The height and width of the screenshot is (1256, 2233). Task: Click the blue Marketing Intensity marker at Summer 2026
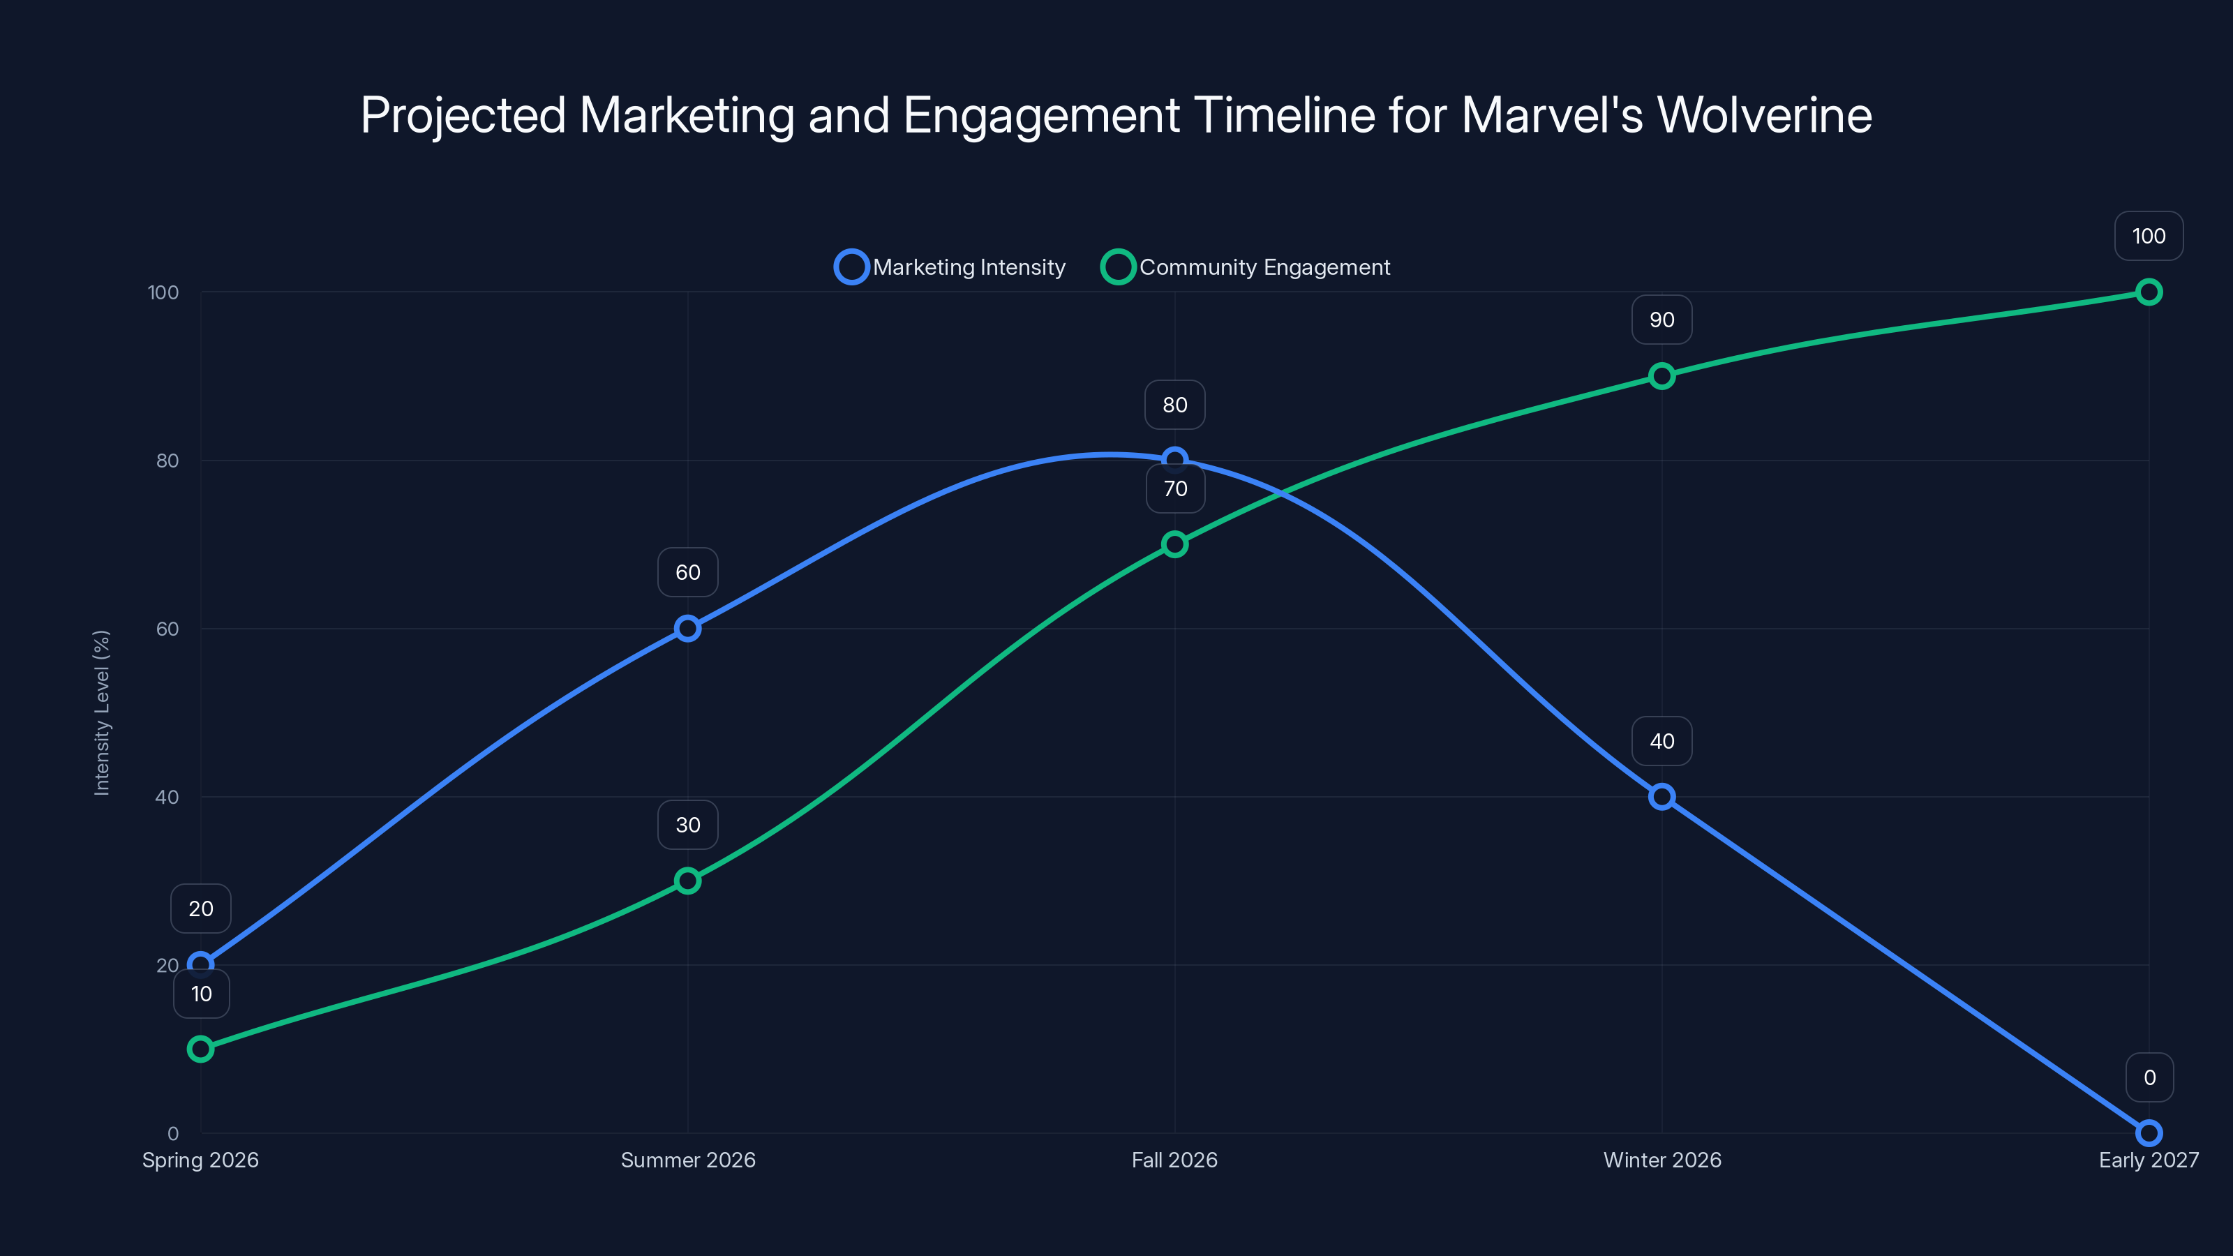[687, 629]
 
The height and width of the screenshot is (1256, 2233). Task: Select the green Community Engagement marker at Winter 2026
[1661, 376]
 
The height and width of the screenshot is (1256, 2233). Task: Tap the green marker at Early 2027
[2148, 292]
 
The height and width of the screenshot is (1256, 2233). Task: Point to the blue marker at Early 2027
[2148, 1133]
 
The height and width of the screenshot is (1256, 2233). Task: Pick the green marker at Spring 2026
[200, 1049]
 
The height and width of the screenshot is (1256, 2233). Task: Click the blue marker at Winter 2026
[1661, 797]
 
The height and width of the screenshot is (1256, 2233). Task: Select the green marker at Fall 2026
[1174, 544]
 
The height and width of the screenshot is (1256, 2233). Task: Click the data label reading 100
[2148, 236]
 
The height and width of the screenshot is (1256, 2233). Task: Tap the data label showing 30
[687, 824]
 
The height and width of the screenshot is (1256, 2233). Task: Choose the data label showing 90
[1661, 320]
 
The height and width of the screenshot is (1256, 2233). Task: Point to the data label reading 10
[201, 994]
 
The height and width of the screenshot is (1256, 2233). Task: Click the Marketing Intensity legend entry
[951, 267]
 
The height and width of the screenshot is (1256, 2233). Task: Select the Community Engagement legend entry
[1246, 267]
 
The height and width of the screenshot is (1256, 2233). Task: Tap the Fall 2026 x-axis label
[1174, 1160]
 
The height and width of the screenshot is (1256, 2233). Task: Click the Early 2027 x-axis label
[2148, 1160]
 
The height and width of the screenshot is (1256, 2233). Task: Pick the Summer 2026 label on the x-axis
[687, 1160]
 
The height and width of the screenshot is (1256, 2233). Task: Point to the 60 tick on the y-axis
[167, 629]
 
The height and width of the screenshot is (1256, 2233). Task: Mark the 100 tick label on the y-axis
[163, 292]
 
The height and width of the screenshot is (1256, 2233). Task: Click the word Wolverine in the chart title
[1764, 115]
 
